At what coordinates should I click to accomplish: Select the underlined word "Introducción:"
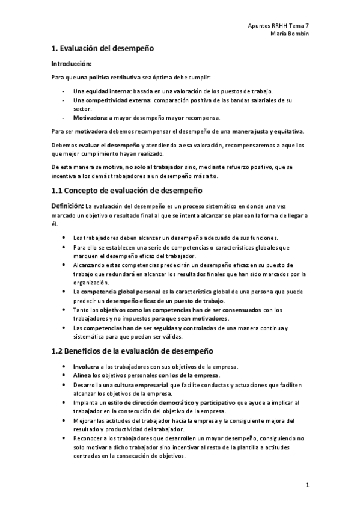click(72, 63)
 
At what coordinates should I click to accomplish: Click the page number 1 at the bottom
click(307, 484)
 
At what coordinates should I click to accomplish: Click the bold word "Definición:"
click(68, 206)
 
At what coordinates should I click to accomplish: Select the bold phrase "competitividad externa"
click(117, 100)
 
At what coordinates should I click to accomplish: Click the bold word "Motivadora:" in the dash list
click(90, 117)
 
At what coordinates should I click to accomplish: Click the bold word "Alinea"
click(82, 375)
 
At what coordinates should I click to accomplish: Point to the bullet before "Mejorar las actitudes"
click(65, 420)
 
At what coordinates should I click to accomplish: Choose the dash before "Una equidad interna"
click(64, 90)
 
